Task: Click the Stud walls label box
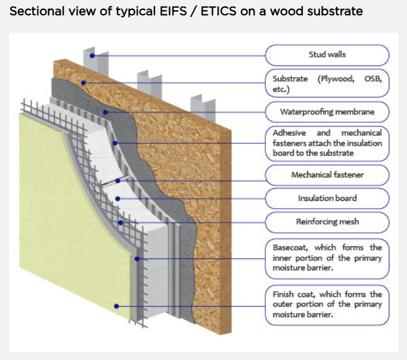[327, 55]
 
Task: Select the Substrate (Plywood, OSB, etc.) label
[327, 83]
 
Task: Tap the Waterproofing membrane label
[327, 112]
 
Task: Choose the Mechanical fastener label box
[327, 176]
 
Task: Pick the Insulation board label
[327, 198]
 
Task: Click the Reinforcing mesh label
[327, 221]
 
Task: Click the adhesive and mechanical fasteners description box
[327, 143]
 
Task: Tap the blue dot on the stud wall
[92, 55]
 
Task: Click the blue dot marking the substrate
[84, 82]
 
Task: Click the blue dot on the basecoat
[137, 258]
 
